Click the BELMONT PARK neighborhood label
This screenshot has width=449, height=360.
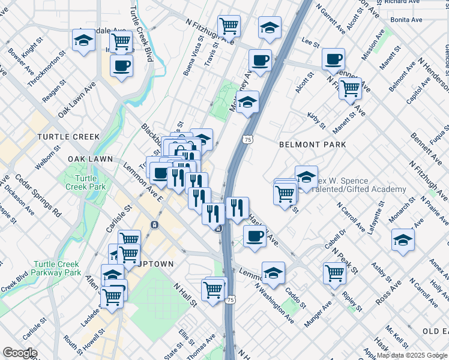[x=312, y=145]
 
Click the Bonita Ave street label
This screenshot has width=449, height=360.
[x=406, y=20]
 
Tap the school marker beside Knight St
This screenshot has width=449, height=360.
[x=83, y=41]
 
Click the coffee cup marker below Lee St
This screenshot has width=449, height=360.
[x=333, y=59]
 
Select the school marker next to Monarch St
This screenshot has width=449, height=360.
[x=403, y=240]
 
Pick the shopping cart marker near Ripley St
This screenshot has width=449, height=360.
[x=334, y=273]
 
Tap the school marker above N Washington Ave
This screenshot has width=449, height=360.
[x=273, y=273]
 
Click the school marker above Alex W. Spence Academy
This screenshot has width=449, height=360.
[x=306, y=177]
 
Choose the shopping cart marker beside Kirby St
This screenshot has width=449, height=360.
[x=350, y=89]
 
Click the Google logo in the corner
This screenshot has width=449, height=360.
[x=20, y=353]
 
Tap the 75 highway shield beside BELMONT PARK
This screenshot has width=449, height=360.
[x=248, y=139]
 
